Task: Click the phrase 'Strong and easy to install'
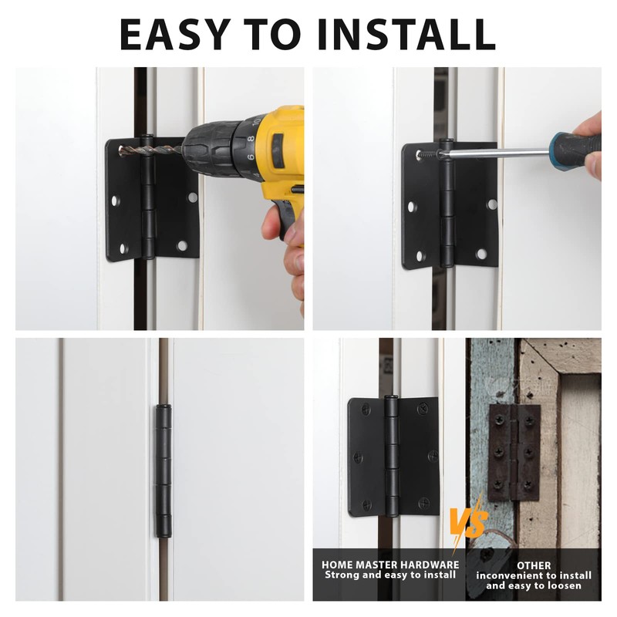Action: (389, 575)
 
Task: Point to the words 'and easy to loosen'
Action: (534, 586)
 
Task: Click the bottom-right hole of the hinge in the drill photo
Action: (182, 246)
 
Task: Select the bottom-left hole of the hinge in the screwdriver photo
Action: (421, 255)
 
